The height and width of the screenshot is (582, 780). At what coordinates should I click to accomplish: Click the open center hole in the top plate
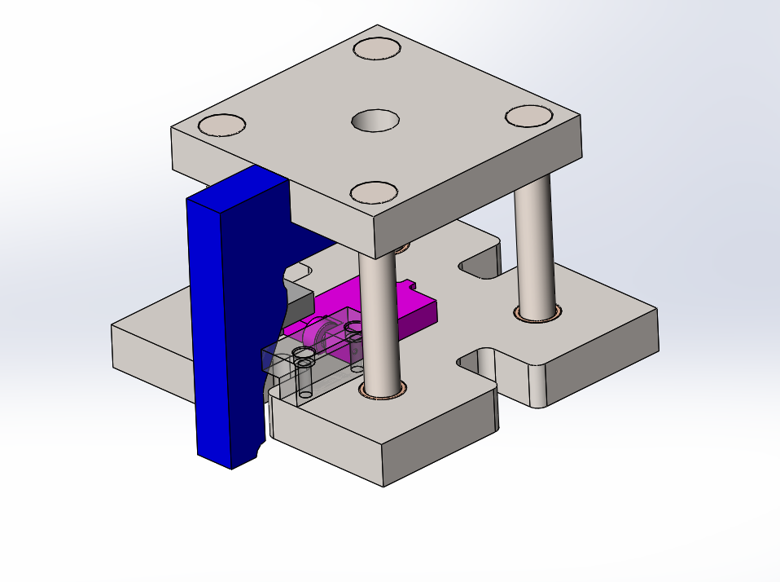375,121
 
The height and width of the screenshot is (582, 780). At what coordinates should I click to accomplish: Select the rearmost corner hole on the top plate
378,48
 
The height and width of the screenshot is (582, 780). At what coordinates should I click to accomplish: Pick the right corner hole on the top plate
528,116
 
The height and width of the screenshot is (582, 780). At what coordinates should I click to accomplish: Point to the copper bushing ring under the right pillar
537,314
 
